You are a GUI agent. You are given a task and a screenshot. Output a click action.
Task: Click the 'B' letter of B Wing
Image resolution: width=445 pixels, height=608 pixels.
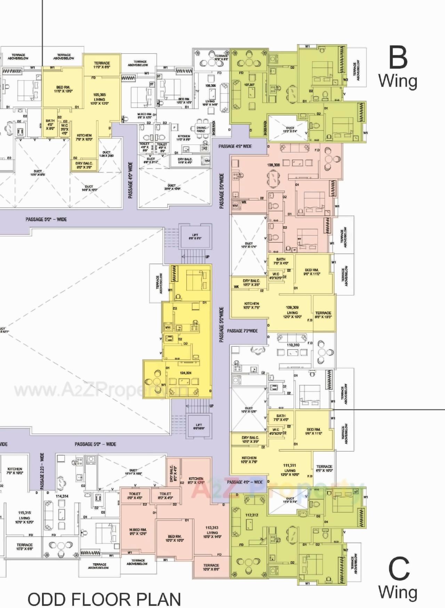398,58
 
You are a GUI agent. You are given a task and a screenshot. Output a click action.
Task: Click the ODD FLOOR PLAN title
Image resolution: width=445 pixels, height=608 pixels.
104,599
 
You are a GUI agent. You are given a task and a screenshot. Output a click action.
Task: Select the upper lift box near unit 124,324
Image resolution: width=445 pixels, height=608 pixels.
195,237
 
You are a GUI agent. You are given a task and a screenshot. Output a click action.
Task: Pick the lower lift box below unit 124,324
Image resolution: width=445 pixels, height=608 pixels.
199,426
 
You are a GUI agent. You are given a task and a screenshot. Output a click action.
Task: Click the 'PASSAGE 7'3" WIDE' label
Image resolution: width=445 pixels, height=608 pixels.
242,331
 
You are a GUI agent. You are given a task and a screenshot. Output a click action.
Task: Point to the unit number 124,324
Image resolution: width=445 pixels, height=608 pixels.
186,373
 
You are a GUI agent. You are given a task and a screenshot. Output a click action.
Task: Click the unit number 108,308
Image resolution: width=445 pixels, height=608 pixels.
273,165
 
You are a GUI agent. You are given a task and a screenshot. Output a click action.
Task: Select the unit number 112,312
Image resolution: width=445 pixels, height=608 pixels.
251,515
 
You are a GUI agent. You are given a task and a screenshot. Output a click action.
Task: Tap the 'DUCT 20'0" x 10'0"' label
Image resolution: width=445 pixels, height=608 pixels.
172,187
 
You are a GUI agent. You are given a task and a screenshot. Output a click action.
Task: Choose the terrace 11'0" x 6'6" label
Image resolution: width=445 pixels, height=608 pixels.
102,65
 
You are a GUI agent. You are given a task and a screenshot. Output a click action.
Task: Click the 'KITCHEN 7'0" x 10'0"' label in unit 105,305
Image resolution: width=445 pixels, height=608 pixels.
84,137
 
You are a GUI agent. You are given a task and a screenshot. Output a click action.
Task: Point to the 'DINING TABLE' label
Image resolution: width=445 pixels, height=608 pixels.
201,129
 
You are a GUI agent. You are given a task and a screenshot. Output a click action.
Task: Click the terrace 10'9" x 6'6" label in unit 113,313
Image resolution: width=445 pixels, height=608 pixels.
211,567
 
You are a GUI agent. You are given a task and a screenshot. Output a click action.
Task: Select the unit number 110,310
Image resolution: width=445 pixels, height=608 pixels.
293,345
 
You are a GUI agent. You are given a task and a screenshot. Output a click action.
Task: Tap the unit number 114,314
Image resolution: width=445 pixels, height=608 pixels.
62,496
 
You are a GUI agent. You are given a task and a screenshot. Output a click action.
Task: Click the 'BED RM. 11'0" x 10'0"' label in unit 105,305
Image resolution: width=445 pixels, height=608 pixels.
63,89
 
